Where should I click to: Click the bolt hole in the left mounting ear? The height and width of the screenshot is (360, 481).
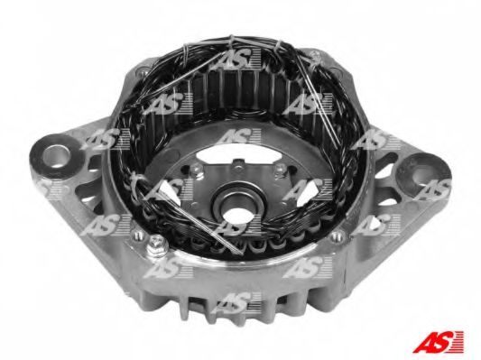tap(56, 156)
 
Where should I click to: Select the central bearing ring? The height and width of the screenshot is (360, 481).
tap(236, 201)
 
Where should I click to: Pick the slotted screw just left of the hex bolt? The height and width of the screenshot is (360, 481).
tap(137, 235)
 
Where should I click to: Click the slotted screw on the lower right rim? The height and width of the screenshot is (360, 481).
tap(337, 235)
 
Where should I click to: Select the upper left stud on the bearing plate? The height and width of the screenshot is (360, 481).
tap(195, 171)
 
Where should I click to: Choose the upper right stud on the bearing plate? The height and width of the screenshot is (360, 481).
tap(279, 169)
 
